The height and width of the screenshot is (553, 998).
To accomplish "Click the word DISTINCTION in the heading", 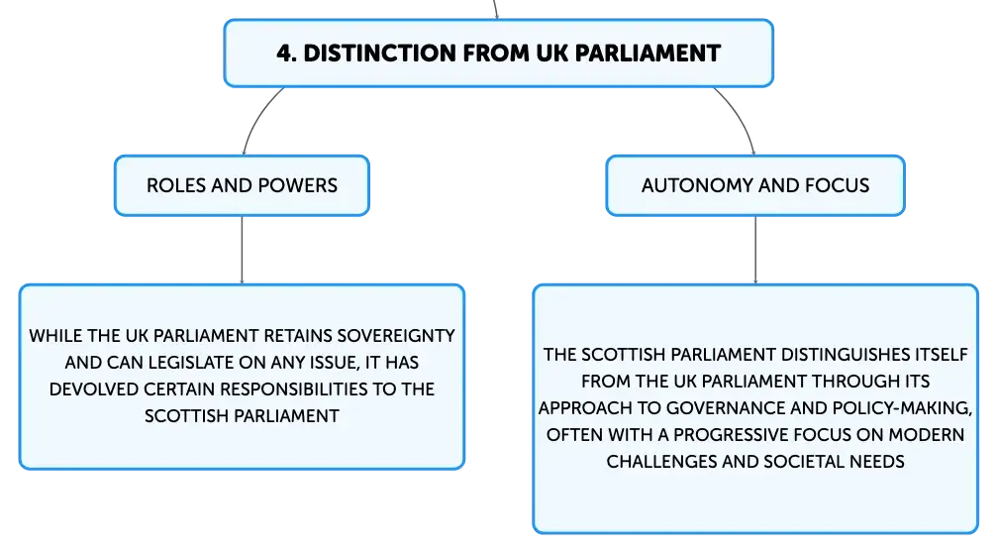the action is (x=379, y=54).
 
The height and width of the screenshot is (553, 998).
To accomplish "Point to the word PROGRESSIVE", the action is (x=727, y=435).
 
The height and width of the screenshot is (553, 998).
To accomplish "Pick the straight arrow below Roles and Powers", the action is (x=242, y=250).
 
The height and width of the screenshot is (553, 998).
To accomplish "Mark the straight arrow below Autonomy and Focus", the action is (x=755, y=250).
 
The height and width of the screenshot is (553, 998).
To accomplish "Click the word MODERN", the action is (x=927, y=435).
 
